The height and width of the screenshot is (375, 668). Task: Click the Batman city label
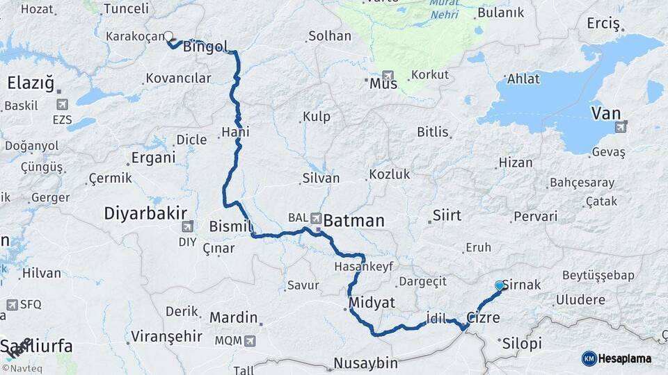tap(353, 221)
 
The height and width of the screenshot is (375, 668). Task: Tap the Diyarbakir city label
tap(146, 212)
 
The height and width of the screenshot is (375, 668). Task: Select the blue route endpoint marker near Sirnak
tap(499, 285)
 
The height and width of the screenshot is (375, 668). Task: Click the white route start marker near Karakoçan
tap(168, 36)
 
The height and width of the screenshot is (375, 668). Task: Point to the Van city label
tap(606, 112)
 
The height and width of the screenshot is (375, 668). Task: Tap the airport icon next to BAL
tap(317, 217)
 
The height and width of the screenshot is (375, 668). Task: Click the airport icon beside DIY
tap(187, 226)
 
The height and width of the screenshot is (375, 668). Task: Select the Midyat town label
tap(373, 302)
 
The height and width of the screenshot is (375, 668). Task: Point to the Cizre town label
tap(483, 317)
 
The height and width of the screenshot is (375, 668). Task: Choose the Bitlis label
tap(433, 131)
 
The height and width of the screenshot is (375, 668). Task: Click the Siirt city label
tap(447, 215)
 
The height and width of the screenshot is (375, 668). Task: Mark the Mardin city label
tap(234, 317)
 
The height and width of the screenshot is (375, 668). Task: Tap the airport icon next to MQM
tap(249, 341)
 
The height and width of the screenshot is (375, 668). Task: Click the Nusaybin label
tap(365, 362)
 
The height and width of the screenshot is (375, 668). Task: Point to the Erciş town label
tap(603, 24)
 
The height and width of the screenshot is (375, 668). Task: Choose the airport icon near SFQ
tap(12, 304)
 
